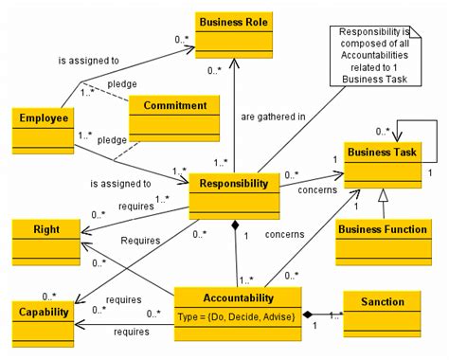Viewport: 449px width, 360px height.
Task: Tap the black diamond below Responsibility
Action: point(234,225)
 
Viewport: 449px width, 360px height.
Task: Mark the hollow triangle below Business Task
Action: point(382,194)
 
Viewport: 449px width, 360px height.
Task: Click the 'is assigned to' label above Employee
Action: point(90,59)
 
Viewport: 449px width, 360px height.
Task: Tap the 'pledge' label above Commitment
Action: point(122,84)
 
